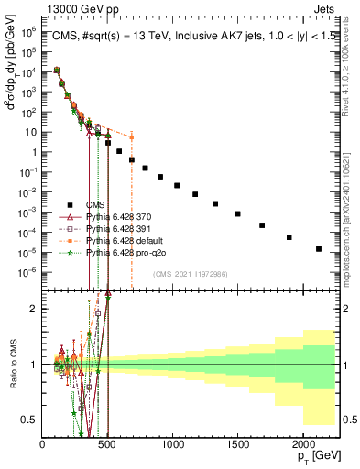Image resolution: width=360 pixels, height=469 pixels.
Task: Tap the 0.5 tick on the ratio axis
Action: pos(29,420)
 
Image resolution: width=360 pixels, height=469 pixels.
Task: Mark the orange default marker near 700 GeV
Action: pos(131,137)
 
